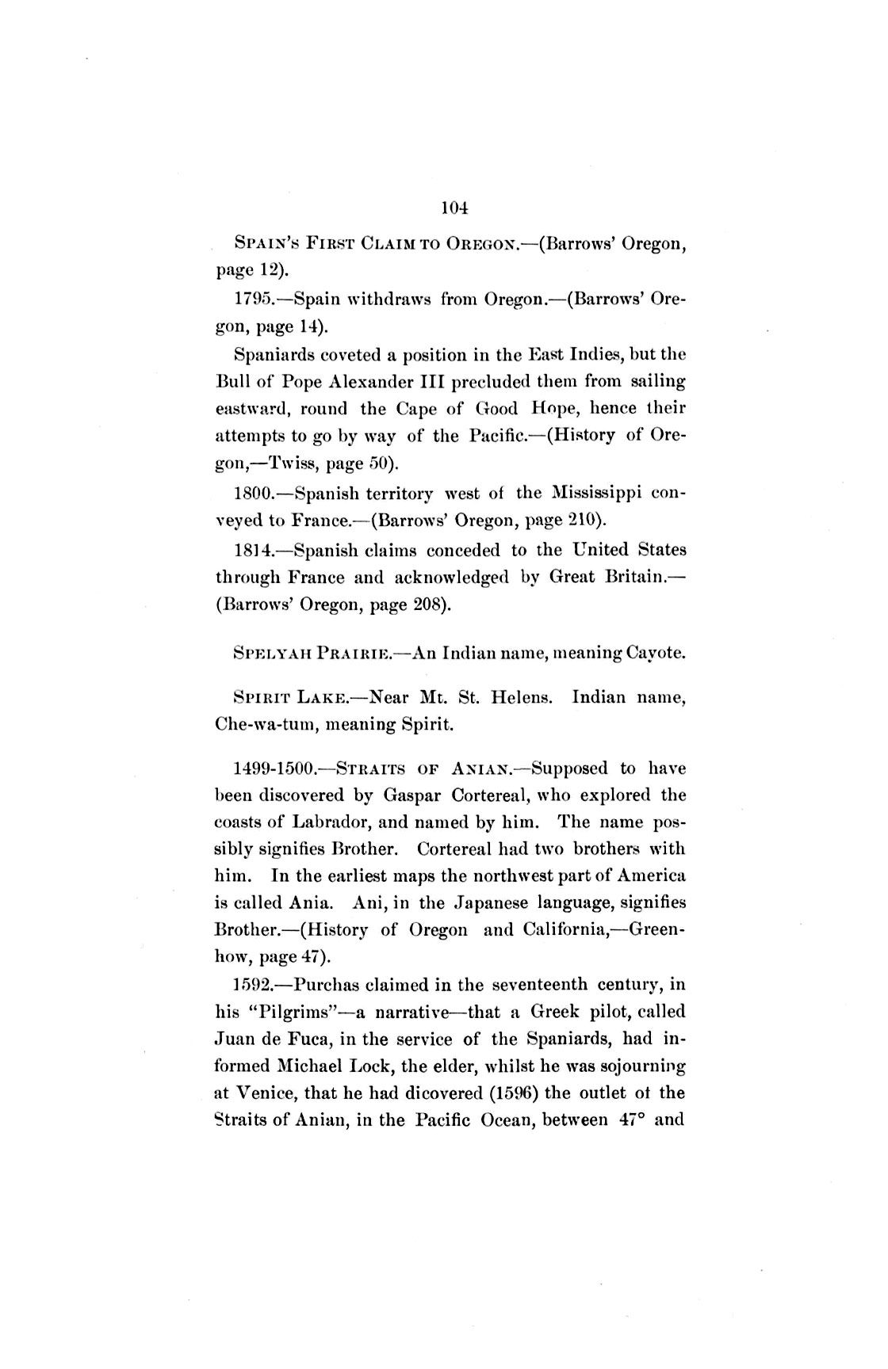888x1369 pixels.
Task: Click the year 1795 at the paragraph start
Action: (252, 299)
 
